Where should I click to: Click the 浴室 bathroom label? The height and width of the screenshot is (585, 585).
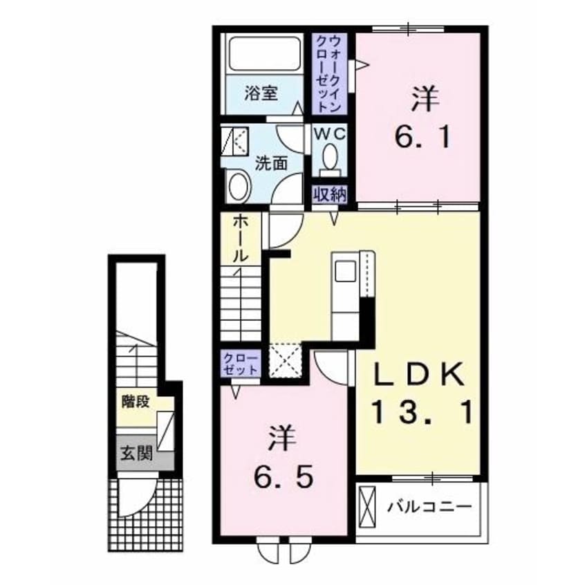pyautogui.click(x=261, y=93)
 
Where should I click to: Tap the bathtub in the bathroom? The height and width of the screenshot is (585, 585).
pyautogui.click(x=265, y=54)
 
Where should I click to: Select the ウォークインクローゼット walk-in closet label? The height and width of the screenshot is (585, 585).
pyautogui.click(x=329, y=73)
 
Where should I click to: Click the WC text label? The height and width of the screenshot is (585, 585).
pyautogui.click(x=330, y=134)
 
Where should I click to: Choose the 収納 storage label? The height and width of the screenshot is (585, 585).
pyautogui.click(x=330, y=194)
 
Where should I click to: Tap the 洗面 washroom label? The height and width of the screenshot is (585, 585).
pyautogui.click(x=271, y=163)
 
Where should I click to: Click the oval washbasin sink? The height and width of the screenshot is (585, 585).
pyautogui.click(x=239, y=187)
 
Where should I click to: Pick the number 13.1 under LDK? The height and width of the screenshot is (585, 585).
pyautogui.click(x=423, y=412)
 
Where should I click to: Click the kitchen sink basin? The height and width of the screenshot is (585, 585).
pyautogui.click(x=345, y=271)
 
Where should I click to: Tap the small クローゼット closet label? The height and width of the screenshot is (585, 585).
pyautogui.click(x=241, y=364)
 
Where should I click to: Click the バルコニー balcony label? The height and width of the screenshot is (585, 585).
pyautogui.click(x=429, y=507)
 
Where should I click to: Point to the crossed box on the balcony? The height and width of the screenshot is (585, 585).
pyautogui.click(x=367, y=508)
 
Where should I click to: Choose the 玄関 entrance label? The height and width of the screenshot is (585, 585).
pyautogui.click(x=136, y=454)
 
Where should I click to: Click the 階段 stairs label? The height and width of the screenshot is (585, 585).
pyautogui.click(x=136, y=402)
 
